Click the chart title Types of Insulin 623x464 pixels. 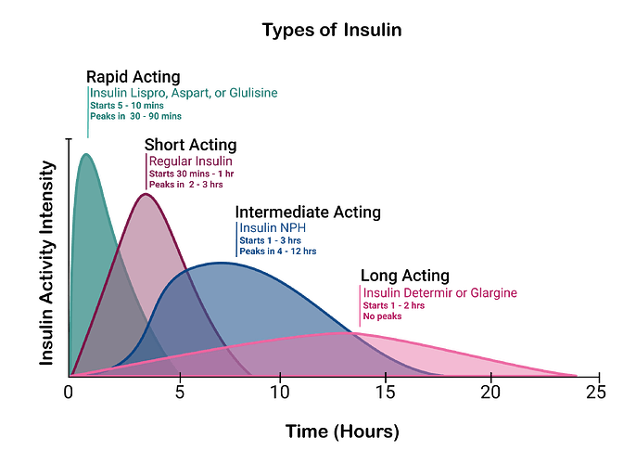coord(332,31)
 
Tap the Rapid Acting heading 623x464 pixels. coord(133,77)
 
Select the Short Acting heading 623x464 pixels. coord(190,145)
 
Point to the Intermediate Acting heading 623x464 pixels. coord(308,212)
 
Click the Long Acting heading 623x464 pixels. coord(405,276)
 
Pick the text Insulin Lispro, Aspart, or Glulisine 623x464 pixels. coord(184,93)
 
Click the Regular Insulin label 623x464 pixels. coord(191,161)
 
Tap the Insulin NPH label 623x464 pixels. coord(273,228)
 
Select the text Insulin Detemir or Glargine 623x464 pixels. coord(440,293)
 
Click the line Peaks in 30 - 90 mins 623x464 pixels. coord(136,116)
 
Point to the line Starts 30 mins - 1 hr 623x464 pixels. coord(192,174)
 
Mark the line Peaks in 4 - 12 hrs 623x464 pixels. coord(278,251)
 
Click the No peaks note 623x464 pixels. coord(382,316)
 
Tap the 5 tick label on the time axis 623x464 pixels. coord(180,393)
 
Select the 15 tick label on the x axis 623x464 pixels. coord(385,393)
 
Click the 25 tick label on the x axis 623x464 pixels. coord(596,393)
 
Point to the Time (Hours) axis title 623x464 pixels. coord(342,432)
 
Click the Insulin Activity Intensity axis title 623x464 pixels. coord(46,263)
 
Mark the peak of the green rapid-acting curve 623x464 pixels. coord(86,154)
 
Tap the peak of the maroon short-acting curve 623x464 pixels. coord(146,194)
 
